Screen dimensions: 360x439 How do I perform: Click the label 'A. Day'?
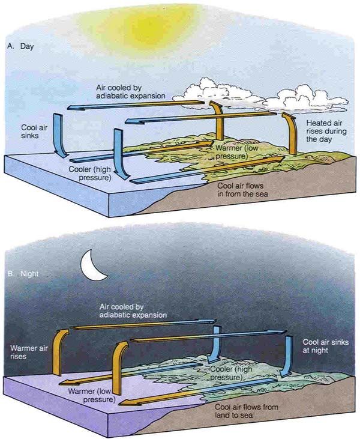(20, 46)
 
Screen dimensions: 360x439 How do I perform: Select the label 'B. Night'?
(23, 274)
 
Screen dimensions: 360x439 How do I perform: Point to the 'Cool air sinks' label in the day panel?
(34, 132)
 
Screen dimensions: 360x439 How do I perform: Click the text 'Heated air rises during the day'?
(326, 131)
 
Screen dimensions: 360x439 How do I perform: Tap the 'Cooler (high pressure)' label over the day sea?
(90, 174)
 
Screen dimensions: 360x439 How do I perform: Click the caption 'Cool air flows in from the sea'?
(243, 190)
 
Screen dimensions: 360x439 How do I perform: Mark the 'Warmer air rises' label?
(29, 352)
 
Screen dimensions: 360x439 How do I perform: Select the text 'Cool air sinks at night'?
(326, 346)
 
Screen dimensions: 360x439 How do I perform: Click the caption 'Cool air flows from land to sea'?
(247, 411)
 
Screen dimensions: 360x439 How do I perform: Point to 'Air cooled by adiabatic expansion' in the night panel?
(133, 310)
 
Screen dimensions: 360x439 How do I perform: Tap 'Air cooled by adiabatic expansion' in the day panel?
(131, 91)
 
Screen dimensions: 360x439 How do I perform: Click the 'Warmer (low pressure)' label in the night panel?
(92, 395)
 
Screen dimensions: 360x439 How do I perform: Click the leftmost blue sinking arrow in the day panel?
(60, 135)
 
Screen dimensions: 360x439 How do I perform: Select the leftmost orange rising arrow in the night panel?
(59, 352)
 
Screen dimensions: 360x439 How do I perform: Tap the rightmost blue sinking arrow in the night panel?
(287, 356)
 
